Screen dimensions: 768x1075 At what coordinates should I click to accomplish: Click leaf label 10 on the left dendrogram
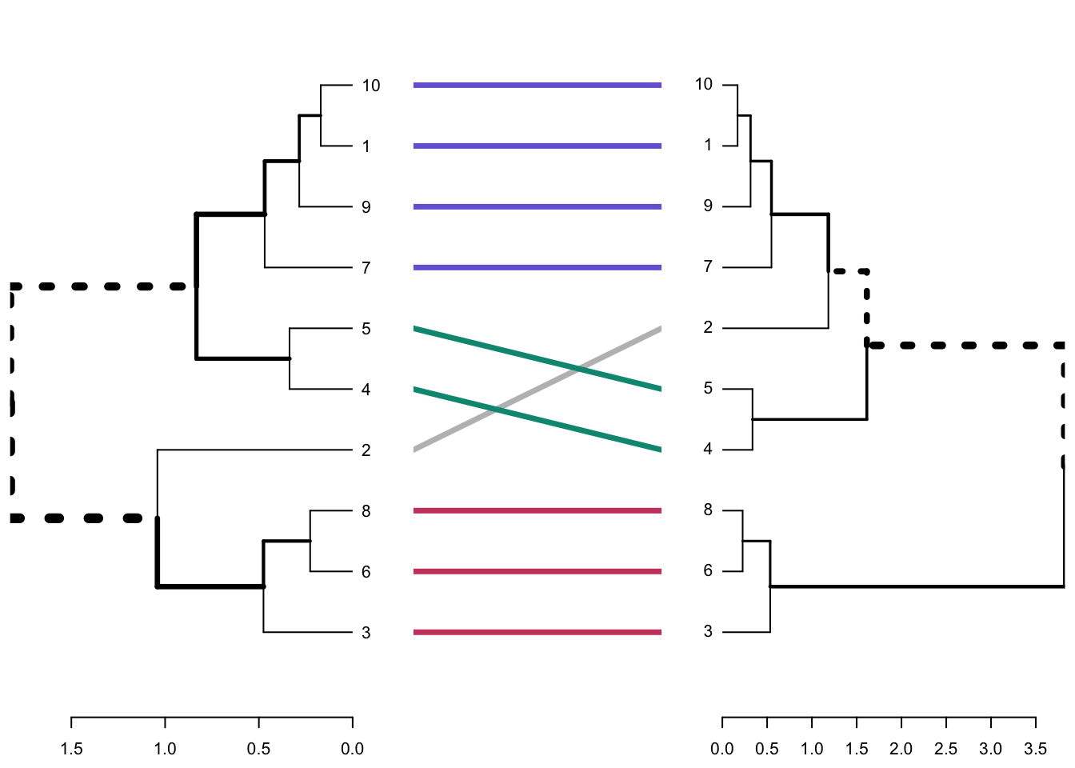[x=370, y=86]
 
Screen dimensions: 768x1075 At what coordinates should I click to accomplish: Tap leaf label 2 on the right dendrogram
[x=708, y=327]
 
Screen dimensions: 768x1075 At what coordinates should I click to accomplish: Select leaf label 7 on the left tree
[x=366, y=268]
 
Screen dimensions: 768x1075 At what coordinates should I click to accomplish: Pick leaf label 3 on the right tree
[x=708, y=631]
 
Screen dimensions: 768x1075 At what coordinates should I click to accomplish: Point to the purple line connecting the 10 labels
[x=537, y=85]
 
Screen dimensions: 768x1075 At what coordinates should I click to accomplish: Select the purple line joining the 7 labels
[x=537, y=267]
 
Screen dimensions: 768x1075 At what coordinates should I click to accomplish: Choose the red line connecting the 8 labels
[x=537, y=510]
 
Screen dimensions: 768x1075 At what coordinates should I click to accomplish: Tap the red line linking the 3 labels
[x=537, y=632]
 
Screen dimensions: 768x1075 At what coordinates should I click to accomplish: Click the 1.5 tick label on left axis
[x=71, y=749]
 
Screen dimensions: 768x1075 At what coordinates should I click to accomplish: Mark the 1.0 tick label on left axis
[x=165, y=749]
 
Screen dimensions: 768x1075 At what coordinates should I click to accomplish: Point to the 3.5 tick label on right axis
[x=1035, y=749]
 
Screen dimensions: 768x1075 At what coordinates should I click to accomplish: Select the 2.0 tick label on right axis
[x=901, y=749]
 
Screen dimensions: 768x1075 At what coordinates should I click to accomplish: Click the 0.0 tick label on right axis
[x=722, y=749]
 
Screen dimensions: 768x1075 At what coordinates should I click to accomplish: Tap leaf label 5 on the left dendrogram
[x=366, y=329]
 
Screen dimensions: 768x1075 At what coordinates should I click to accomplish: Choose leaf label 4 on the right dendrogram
[x=708, y=449]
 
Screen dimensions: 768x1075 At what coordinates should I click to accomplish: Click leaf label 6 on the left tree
[x=366, y=572]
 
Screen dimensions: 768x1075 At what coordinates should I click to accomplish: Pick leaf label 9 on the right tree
[x=708, y=206]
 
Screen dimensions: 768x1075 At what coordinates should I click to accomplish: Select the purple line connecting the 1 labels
[x=537, y=146]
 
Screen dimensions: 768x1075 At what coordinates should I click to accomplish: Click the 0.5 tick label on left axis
[x=258, y=749]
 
